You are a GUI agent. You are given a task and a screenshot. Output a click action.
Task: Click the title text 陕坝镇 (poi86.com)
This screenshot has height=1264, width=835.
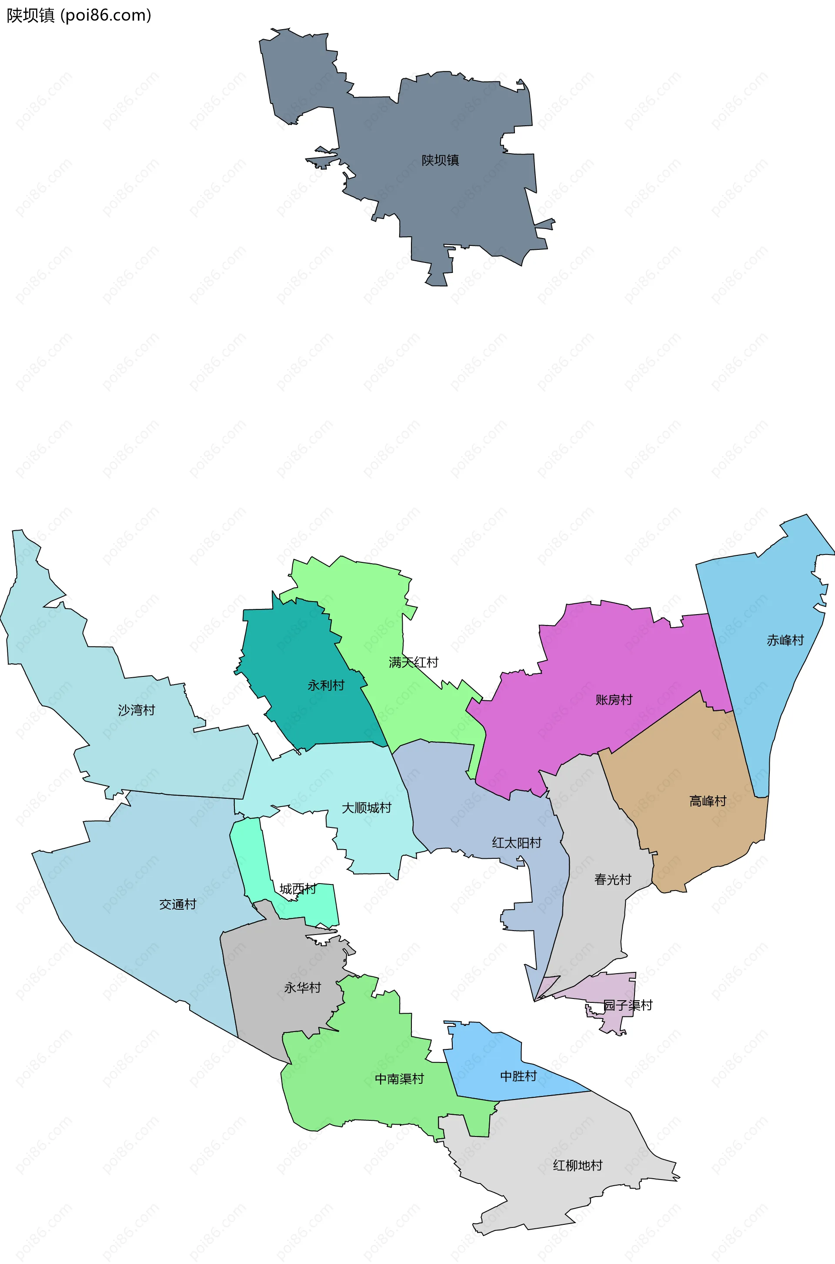click(x=79, y=16)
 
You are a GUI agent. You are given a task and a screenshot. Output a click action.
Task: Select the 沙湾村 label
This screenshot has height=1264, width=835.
click(x=136, y=710)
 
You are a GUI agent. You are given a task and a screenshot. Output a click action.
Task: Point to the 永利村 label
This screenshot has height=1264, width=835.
click(x=326, y=685)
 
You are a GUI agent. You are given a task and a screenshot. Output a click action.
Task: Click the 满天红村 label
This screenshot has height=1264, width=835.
click(x=413, y=662)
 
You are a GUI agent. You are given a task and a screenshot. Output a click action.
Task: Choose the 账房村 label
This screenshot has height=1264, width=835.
click(x=614, y=699)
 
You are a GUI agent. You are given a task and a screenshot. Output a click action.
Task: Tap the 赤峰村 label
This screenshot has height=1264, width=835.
click(x=785, y=640)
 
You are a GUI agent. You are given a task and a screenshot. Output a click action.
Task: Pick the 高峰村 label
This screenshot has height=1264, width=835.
click(x=708, y=801)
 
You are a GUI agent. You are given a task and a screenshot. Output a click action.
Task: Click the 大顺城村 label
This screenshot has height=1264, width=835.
click(x=366, y=808)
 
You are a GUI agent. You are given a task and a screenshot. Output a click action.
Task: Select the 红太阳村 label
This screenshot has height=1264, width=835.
click(x=517, y=843)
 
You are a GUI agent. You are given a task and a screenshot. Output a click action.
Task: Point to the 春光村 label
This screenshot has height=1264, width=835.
click(x=612, y=879)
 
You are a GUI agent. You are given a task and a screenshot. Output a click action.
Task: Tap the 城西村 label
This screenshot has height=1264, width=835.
click(x=297, y=889)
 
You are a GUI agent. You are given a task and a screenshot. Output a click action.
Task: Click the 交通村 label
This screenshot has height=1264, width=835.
click(x=178, y=904)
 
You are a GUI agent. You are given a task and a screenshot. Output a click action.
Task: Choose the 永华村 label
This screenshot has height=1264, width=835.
click(x=303, y=988)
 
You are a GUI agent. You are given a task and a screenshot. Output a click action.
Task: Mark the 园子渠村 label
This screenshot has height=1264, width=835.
click(x=628, y=1005)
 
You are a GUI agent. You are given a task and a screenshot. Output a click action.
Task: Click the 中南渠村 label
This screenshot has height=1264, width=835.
click(x=399, y=1079)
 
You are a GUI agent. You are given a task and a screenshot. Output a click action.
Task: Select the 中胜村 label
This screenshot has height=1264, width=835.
click(x=518, y=1076)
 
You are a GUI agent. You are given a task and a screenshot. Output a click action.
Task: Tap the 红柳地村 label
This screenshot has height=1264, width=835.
click(x=578, y=1166)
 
